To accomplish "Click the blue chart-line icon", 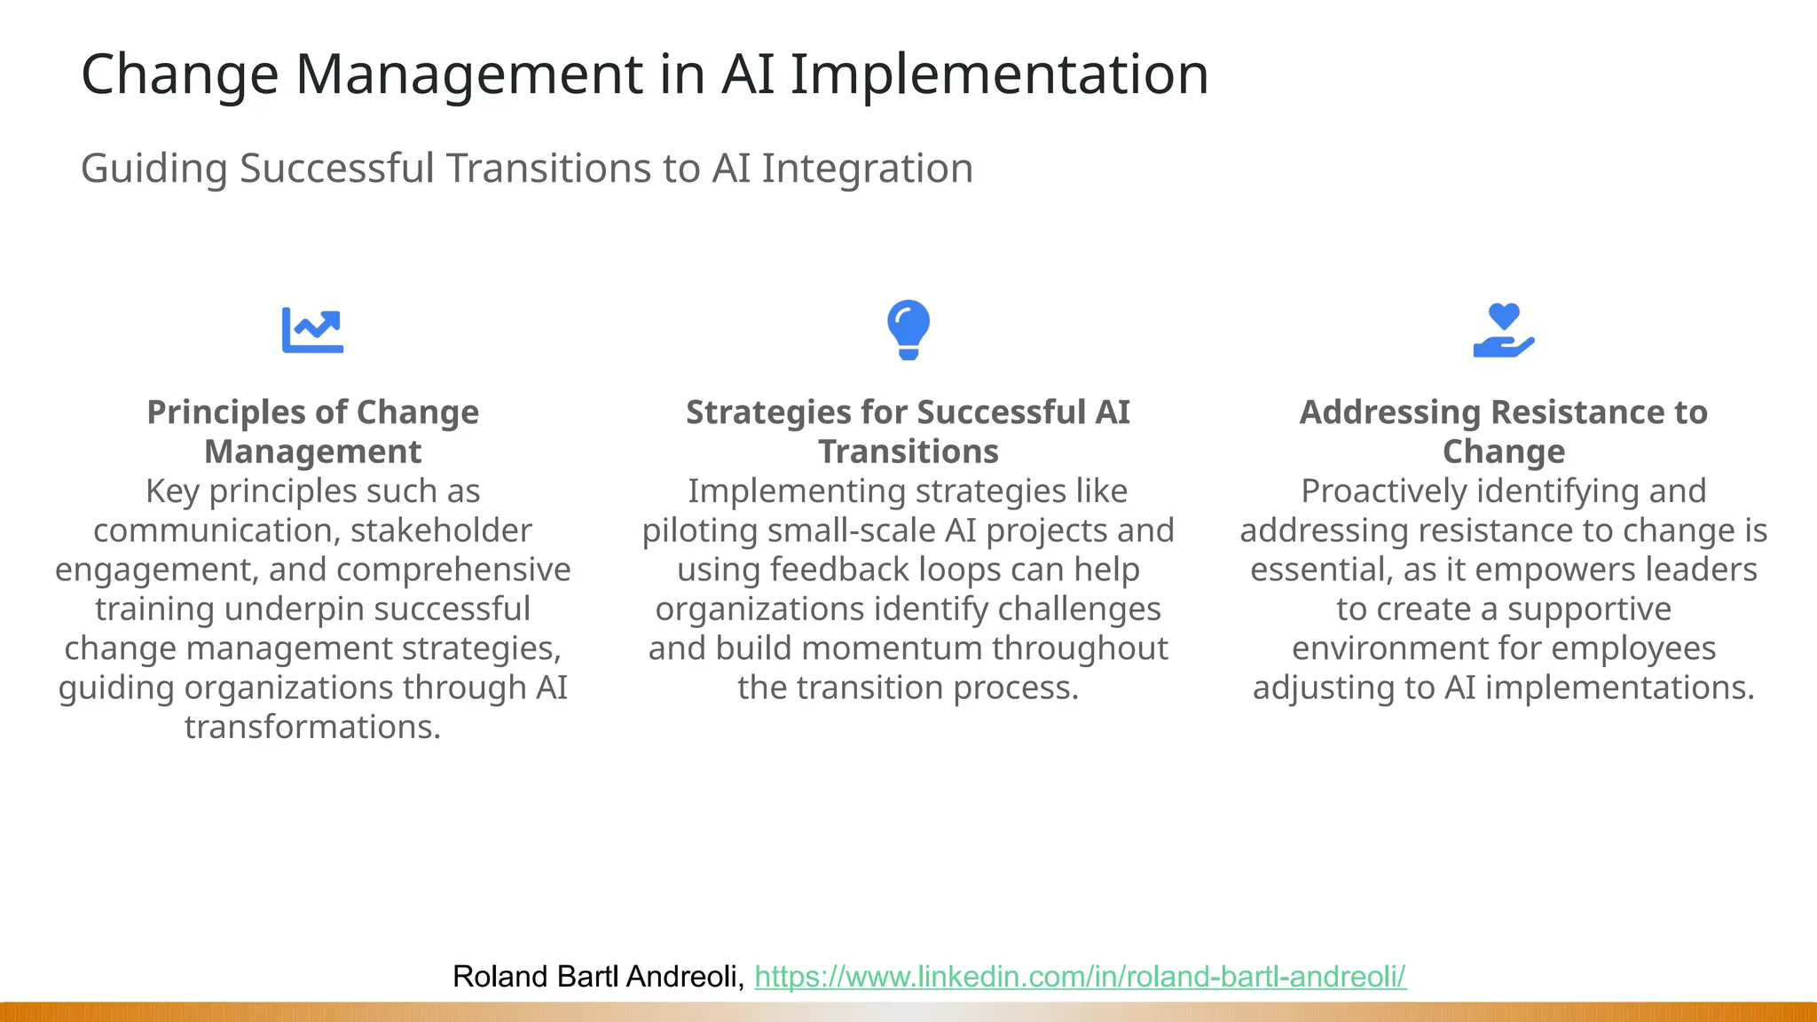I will click(x=312, y=330).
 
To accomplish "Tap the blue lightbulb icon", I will click(x=908, y=329).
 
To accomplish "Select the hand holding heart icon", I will click(x=1503, y=331).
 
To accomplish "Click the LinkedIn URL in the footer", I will click(x=1080, y=977).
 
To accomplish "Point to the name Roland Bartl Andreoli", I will click(x=597, y=977).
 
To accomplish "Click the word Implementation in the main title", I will click(x=999, y=75).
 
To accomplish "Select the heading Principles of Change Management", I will click(x=312, y=432).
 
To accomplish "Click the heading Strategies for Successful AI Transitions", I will click(x=908, y=432).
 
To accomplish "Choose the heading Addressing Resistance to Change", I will click(x=1503, y=432).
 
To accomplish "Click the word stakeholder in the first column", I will click(x=441, y=531).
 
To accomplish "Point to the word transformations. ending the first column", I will click(x=312, y=727).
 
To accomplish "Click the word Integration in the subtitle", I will click(x=867, y=169).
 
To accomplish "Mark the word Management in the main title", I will click(x=469, y=75).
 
